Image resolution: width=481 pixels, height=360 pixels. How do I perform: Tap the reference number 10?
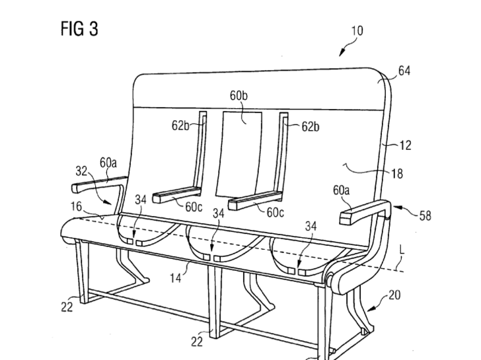tap(357, 30)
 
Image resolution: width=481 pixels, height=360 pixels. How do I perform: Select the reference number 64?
tap(404, 71)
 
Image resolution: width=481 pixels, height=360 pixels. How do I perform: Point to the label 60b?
tap(239, 96)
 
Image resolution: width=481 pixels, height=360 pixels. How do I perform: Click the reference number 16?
tap(77, 207)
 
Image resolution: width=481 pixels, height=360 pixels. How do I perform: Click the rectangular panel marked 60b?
tap(239, 152)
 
